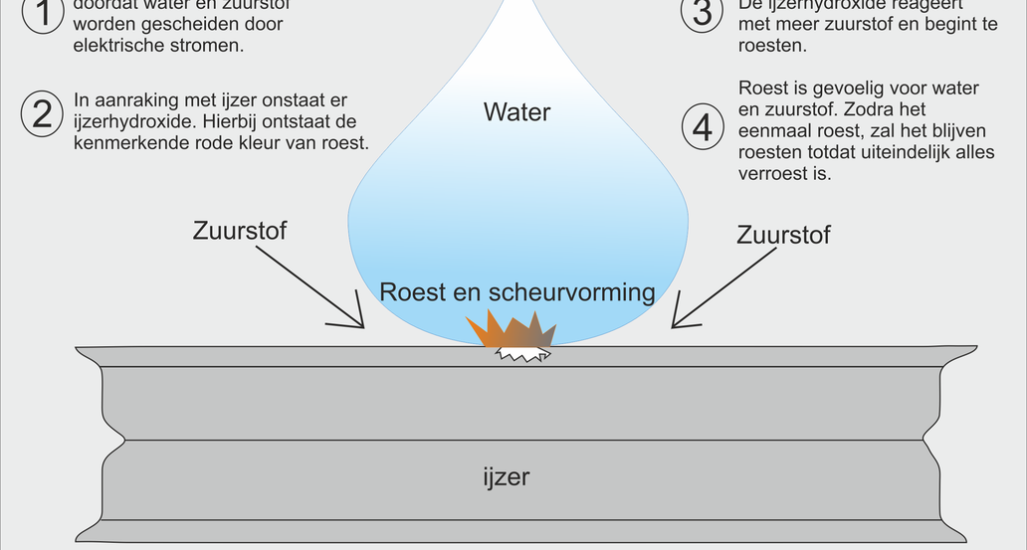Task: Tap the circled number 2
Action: coord(42,114)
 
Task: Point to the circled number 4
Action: coord(704,129)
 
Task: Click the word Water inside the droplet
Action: coord(516,111)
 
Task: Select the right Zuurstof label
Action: coord(783,235)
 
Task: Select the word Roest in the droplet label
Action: coord(411,292)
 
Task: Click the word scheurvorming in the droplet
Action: coord(572,292)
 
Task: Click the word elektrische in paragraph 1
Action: coord(115,45)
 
